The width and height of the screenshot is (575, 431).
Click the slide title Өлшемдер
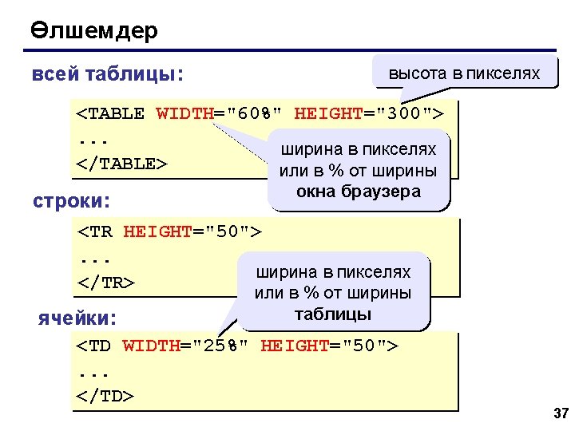pyautogui.click(x=94, y=31)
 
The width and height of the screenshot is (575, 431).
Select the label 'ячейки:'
pyautogui.click(x=77, y=318)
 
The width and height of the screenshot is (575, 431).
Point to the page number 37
pyautogui.click(x=560, y=413)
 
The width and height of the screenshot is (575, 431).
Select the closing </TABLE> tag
pyautogui.click(x=122, y=164)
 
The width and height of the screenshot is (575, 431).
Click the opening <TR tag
pyautogui.click(x=95, y=232)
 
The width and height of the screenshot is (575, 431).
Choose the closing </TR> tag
pyautogui.click(x=105, y=283)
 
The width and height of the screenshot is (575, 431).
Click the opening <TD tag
pyautogui.click(x=95, y=346)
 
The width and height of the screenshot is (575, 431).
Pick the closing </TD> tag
pyautogui.click(x=105, y=396)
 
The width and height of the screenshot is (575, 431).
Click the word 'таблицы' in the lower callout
pyautogui.click(x=333, y=314)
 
